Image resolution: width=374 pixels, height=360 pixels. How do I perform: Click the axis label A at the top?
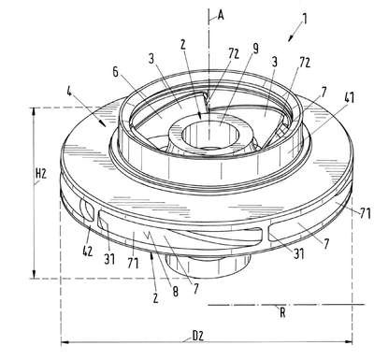coord(221,15)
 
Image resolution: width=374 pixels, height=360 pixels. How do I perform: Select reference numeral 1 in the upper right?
coord(305,19)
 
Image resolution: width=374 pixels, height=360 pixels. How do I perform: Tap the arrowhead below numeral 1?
coord(291,37)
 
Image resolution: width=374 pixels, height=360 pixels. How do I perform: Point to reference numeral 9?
coord(255,49)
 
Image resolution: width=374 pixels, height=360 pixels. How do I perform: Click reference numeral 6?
coord(116,72)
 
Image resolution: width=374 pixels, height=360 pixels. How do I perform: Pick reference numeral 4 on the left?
coord(69,92)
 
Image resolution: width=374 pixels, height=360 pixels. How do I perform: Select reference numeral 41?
coord(349,97)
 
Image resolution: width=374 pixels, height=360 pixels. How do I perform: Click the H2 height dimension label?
coord(41,174)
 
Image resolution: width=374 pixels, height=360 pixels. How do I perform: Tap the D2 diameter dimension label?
coord(198,336)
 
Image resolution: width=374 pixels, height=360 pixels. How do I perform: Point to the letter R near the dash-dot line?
coord(282,312)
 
